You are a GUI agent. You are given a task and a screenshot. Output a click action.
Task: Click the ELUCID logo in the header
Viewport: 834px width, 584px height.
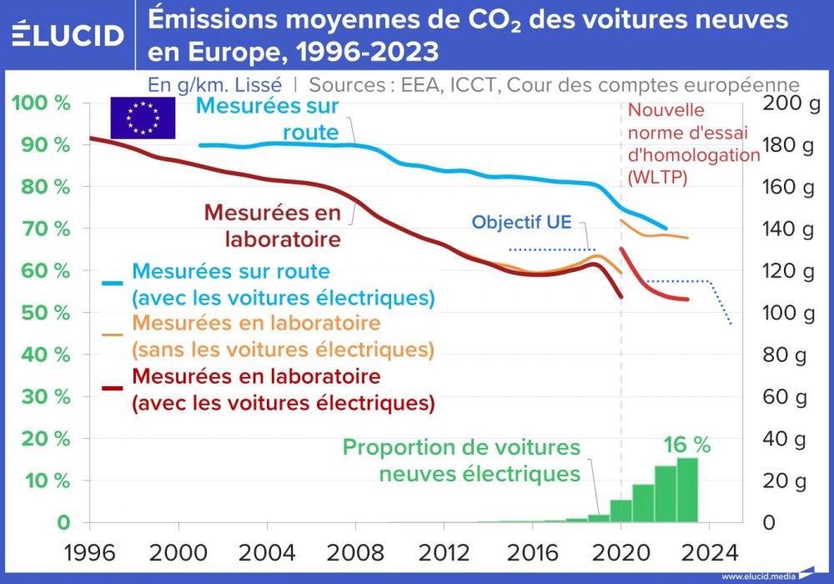click(68, 34)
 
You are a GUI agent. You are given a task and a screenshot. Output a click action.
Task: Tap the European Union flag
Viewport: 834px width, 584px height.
click(143, 118)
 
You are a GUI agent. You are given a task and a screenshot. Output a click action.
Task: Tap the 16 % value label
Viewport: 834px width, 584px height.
click(687, 446)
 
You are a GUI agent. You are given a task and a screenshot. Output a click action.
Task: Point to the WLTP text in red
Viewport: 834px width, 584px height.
click(657, 177)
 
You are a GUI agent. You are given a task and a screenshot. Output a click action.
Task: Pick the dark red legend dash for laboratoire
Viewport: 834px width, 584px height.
click(113, 388)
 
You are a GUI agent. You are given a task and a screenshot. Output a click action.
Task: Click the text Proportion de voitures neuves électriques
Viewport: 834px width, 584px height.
click(461, 461)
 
